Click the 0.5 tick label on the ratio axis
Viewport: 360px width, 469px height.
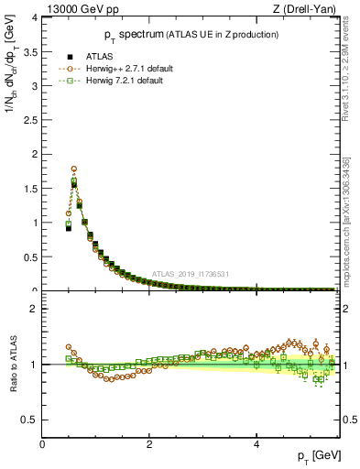32,420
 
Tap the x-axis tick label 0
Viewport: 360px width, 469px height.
42,443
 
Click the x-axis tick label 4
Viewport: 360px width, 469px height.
256,443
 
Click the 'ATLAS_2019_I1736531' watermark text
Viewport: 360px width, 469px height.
191,274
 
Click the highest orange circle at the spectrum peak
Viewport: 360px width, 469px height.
73,169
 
